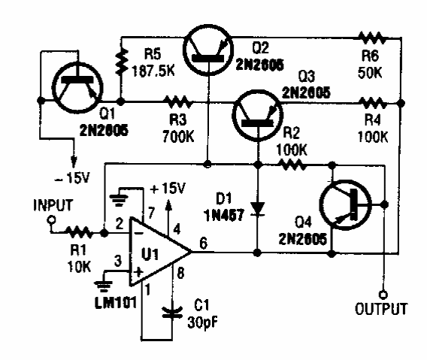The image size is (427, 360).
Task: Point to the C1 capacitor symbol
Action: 172,313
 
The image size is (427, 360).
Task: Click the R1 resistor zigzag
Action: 79,233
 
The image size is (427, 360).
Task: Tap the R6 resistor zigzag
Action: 372,38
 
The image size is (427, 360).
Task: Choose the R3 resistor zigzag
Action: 179,102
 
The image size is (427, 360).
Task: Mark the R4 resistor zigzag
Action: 373,104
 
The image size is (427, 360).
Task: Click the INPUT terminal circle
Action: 51,219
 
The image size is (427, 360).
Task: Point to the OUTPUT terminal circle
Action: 383,295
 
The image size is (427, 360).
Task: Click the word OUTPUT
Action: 381,309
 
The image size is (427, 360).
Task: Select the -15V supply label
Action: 73,178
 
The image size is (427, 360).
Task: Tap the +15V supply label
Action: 168,188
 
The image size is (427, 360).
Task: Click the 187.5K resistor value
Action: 153,71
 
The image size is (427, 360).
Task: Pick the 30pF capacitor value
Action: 203,323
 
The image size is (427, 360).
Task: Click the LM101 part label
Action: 116,303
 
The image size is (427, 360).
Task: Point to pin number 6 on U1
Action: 203,244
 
